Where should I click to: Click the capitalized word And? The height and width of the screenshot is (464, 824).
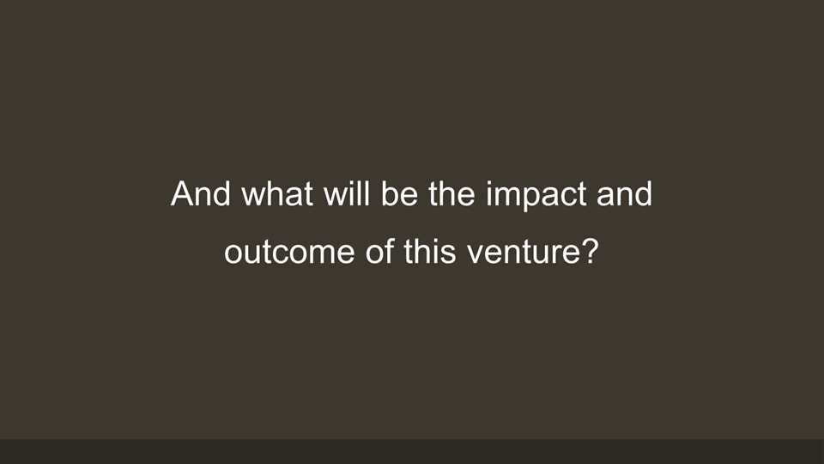201,193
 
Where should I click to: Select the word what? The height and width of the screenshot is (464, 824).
277,193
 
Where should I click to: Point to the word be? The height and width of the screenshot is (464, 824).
399,193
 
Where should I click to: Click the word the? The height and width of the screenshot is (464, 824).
452,193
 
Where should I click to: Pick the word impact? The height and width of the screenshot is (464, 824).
536,196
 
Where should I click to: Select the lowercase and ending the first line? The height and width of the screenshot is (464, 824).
625,193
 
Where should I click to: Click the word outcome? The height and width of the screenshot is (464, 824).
289,252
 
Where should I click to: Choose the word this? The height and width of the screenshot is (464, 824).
430,252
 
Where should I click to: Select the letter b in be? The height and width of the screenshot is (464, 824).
390,193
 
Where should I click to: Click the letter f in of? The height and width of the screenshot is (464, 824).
389,251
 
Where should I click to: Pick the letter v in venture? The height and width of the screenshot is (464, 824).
476,254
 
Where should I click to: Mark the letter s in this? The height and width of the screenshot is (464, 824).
448,254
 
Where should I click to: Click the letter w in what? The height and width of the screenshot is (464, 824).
254,197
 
